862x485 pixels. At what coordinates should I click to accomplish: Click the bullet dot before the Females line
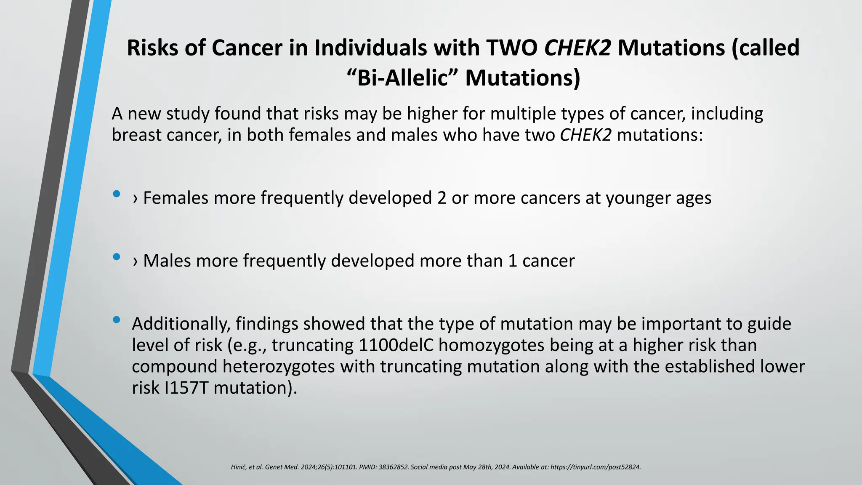(x=117, y=194)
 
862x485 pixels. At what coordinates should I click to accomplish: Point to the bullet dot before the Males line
(x=117, y=257)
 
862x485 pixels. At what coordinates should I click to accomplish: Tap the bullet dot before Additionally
(x=117, y=320)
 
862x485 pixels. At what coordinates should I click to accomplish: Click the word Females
(x=176, y=198)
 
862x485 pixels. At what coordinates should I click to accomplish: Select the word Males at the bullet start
(x=167, y=261)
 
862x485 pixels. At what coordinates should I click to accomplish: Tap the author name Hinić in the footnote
(x=238, y=467)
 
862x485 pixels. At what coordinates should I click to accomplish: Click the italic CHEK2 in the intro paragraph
(x=585, y=135)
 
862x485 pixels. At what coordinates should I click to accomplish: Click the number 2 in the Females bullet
(x=442, y=198)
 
